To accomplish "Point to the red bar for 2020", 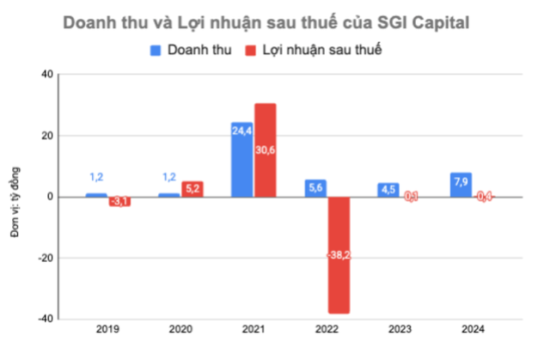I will (192, 189).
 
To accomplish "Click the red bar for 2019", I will (119, 201).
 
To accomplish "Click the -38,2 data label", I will (339, 254).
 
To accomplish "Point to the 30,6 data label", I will (265, 149).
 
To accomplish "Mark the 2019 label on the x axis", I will (107, 328).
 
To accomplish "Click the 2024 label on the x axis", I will (474, 328).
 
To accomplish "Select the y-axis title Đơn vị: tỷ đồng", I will (15, 197).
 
